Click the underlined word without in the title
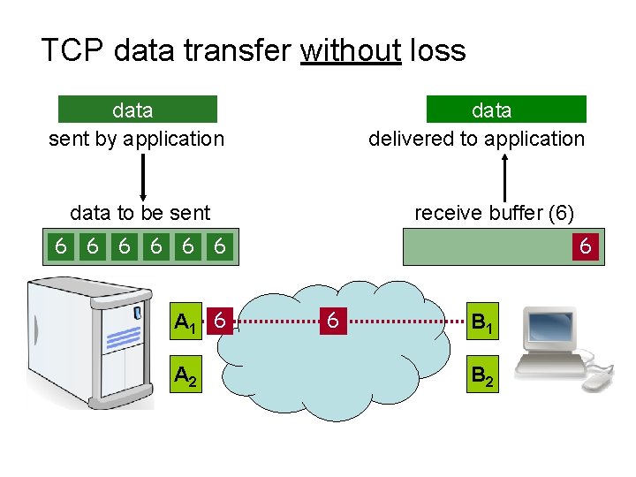351,50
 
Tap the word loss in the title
438,50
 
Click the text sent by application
136,139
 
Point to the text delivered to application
476,139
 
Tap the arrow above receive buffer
504,177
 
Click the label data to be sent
140,213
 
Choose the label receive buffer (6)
495,213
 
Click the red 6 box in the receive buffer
585,246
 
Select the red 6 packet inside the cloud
332,321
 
